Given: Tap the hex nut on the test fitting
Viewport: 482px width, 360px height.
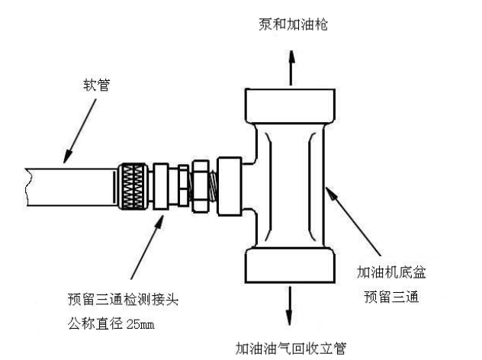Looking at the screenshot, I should [x=199, y=186].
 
